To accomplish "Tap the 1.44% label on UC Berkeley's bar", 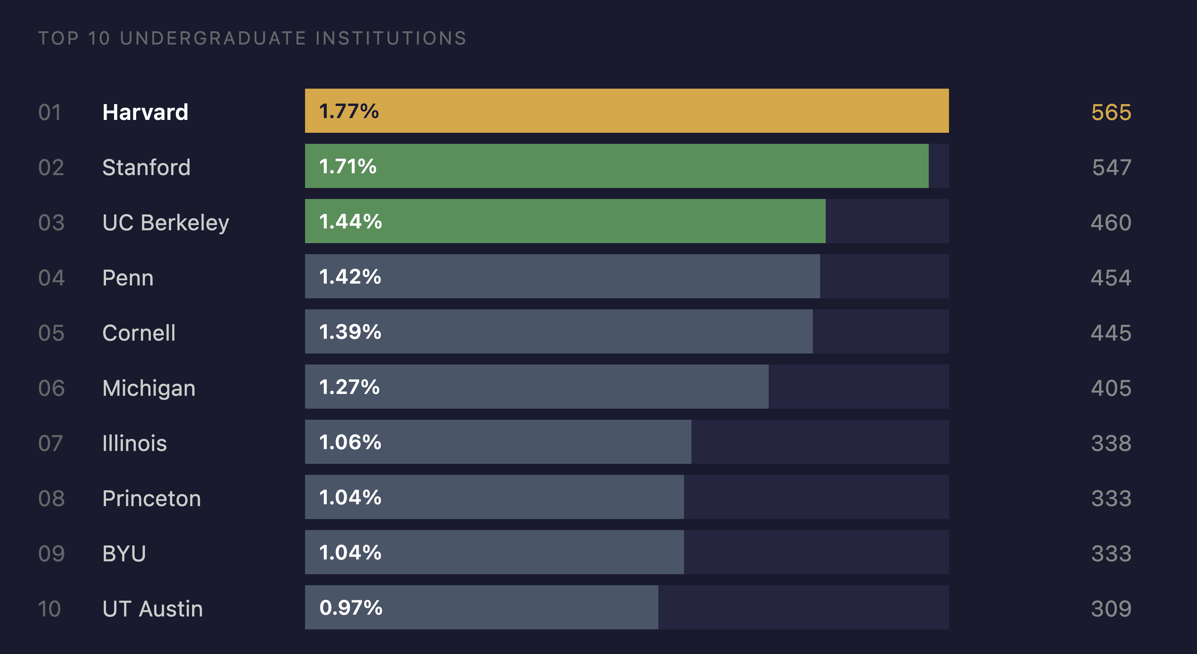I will (350, 221).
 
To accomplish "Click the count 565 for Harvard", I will (1111, 113).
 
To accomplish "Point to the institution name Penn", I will (128, 278).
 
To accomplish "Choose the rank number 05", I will (51, 333).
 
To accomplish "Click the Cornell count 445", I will (1111, 333).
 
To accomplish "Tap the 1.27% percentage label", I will (350, 387).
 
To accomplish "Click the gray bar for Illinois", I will (497, 442).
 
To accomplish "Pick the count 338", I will (1111, 443).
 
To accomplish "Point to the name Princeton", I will (152, 498).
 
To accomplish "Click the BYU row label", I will (124, 554).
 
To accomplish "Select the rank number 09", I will (51, 554).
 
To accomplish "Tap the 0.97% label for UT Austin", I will (351, 608).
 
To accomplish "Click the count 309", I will (1111, 608).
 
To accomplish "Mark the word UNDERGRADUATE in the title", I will (213, 38).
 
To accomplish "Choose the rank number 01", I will (50, 113).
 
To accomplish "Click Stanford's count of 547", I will (1111, 167).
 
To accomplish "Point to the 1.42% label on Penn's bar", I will (350, 277).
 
